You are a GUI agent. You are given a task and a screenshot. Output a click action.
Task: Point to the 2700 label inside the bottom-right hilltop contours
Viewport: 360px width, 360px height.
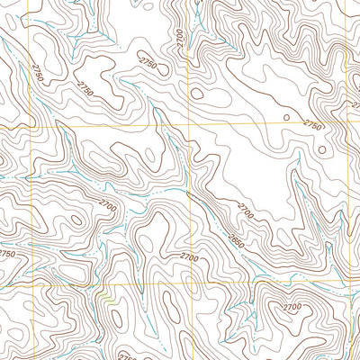pos(293,307)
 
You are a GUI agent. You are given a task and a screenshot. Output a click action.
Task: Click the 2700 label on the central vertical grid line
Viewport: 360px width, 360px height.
pos(189,258)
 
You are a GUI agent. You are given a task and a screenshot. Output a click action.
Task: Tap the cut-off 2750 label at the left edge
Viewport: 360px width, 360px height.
pos(7,255)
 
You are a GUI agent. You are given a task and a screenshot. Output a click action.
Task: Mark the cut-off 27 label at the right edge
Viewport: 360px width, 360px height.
pos(355,104)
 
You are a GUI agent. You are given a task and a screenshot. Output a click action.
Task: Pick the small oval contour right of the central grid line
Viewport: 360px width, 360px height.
pos(197,93)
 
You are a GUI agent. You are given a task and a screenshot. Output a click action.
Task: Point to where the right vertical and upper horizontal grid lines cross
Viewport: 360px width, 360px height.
pos(346,125)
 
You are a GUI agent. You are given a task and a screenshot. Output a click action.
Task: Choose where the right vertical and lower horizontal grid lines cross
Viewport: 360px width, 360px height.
pos(346,281)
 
